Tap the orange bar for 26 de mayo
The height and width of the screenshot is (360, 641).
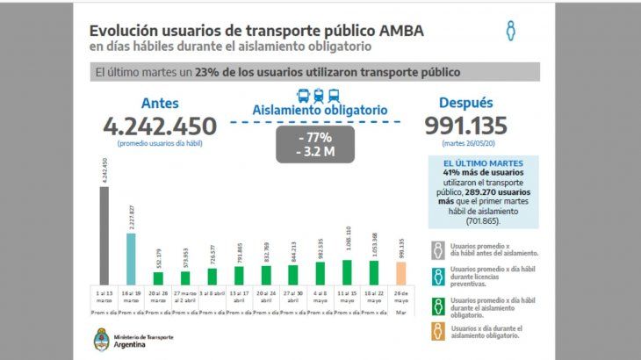coord(400,274)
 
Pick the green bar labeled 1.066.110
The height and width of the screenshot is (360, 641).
coord(346,272)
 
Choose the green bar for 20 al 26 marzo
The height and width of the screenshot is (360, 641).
coord(158,278)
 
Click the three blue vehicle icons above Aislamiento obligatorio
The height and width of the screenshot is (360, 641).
coord(318,96)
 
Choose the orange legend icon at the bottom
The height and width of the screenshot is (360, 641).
coord(436,333)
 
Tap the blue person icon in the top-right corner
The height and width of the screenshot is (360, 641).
coord(510,32)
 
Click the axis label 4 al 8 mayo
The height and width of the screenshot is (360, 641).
coord(320,298)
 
